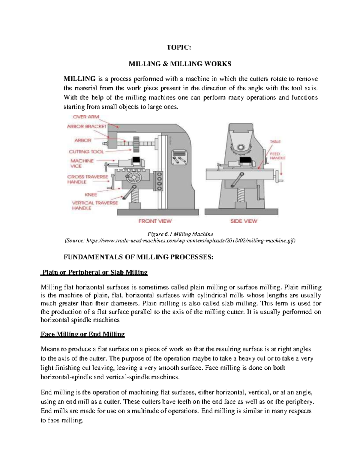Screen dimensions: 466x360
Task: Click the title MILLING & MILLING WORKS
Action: coord(180,64)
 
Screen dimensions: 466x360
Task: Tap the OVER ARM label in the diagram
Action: coord(86,117)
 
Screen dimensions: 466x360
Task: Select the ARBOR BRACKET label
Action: coord(86,126)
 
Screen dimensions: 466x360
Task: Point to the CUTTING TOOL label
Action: coord(86,152)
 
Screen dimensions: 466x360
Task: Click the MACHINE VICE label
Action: coord(82,163)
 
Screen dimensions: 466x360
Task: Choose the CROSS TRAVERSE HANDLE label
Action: coord(87,179)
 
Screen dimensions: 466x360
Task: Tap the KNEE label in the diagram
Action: coord(91,194)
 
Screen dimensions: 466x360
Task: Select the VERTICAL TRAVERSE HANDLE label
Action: coord(95,205)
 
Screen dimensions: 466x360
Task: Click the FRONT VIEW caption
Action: coord(155,221)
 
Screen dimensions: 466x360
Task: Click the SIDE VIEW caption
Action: coord(244,221)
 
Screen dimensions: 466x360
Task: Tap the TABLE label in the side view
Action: coord(275,142)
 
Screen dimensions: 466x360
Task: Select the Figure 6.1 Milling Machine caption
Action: coord(180,234)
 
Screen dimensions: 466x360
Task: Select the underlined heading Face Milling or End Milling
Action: coord(82,334)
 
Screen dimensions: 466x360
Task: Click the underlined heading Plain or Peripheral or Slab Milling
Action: coord(94,272)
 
